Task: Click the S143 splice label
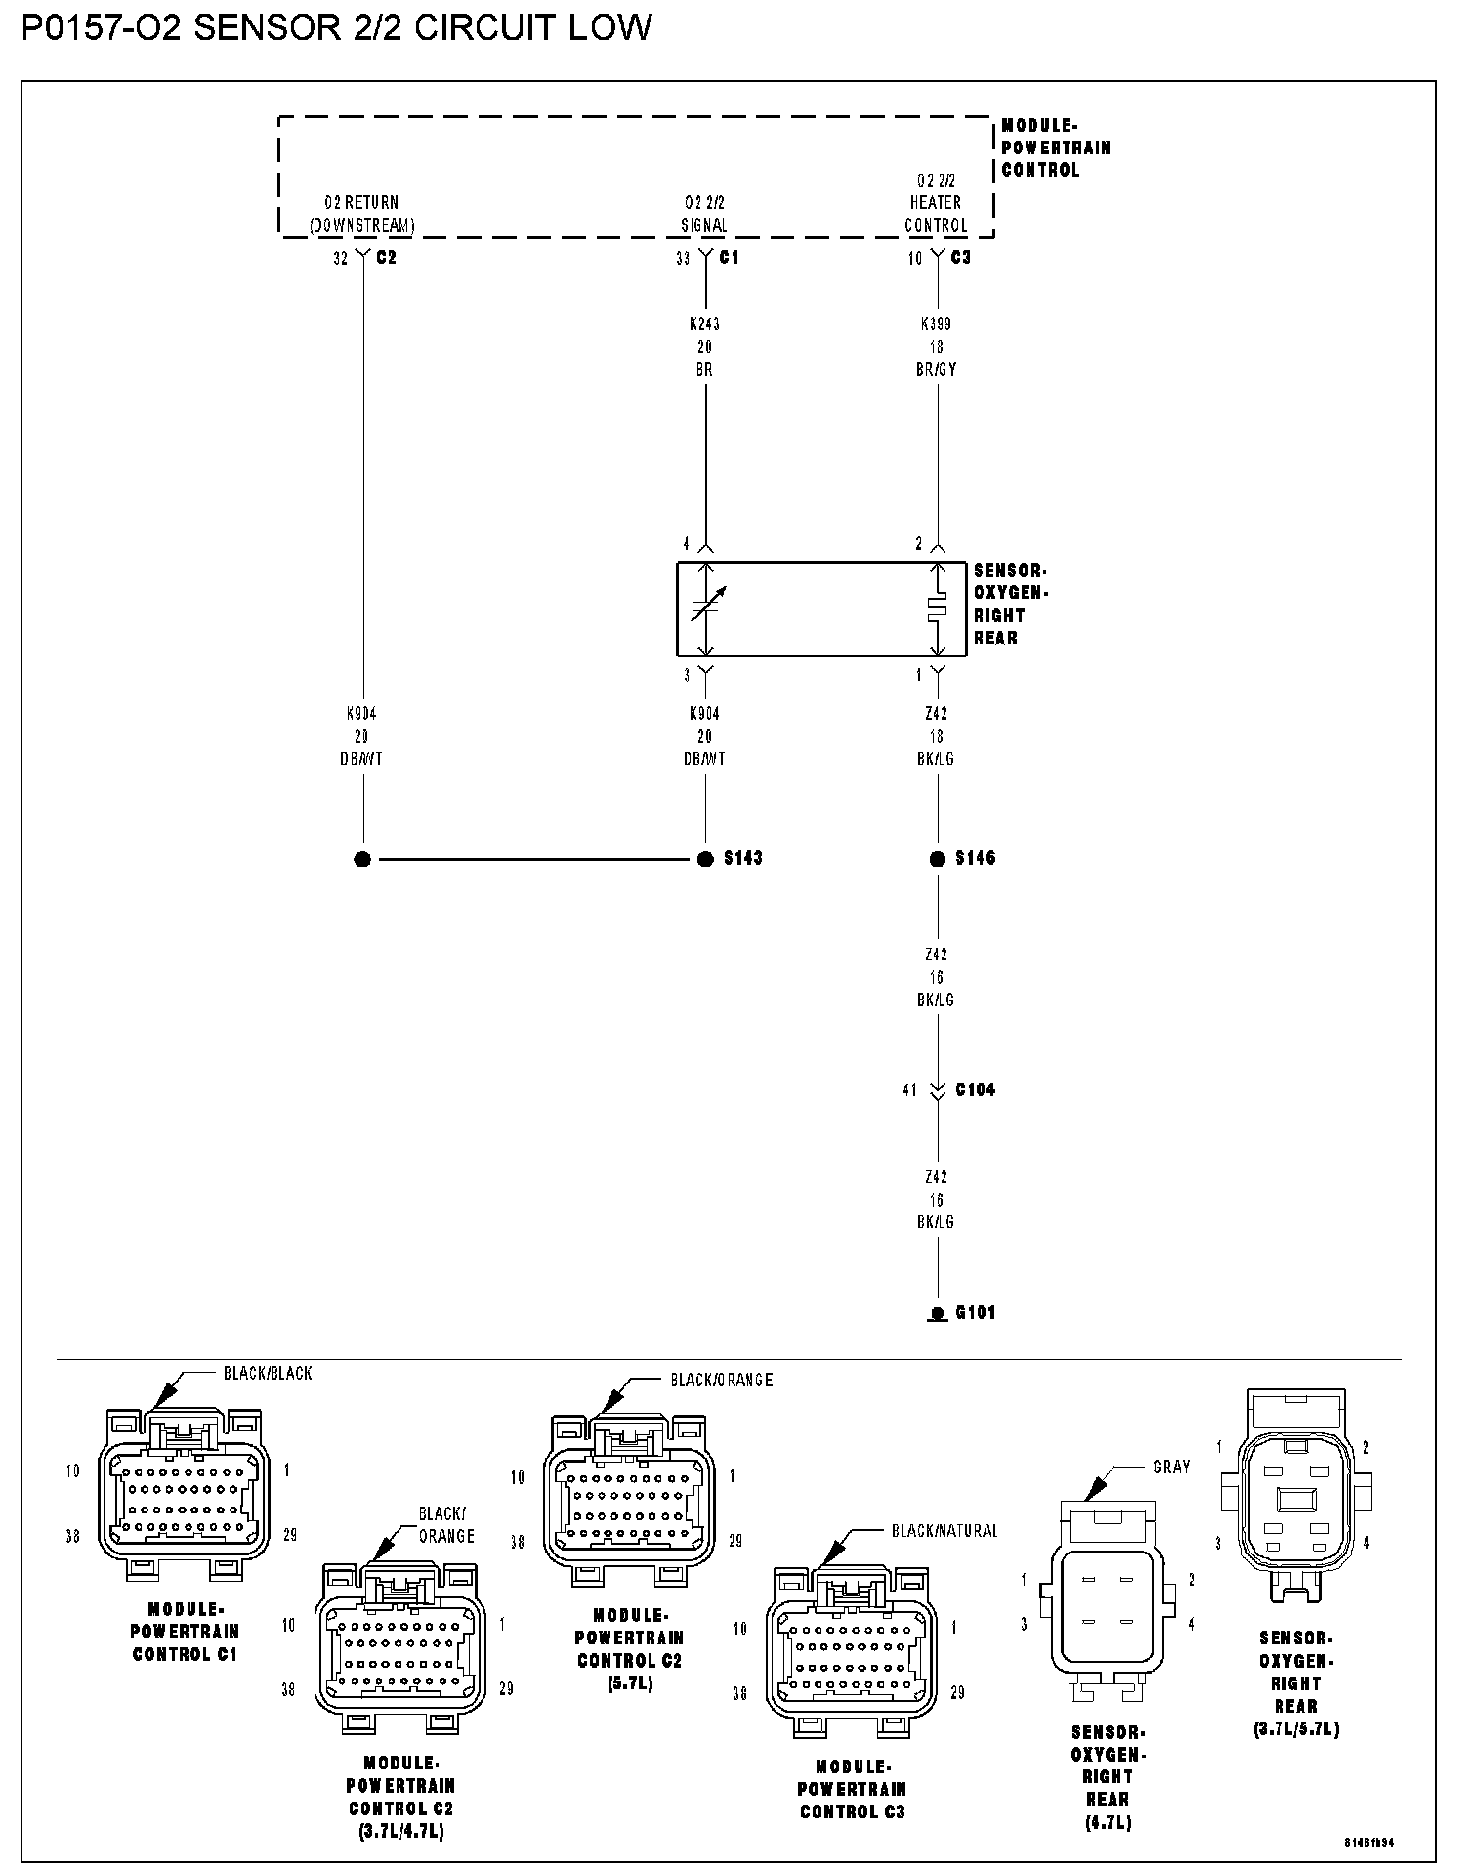(742, 858)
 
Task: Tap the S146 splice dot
(938, 859)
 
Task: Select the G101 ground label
(975, 1312)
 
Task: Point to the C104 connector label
(975, 1089)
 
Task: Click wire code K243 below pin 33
(704, 323)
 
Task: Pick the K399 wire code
(936, 323)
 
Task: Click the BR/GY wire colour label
(937, 369)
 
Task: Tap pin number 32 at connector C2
(340, 258)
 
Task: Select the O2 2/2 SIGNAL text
(704, 214)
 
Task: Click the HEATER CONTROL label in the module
(936, 213)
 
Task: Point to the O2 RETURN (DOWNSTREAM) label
(361, 214)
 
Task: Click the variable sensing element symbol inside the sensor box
(707, 607)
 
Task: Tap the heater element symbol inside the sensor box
(938, 608)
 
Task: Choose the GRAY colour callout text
(1172, 1467)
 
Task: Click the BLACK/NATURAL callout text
(944, 1531)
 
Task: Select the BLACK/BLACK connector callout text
(268, 1373)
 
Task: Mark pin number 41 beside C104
(910, 1089)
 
